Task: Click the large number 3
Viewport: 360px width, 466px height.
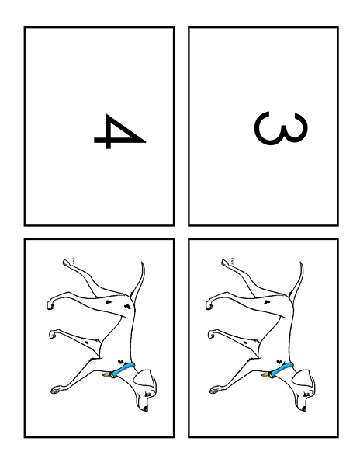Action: [x=280, y=128]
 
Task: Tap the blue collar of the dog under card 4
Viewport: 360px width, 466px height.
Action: [x=123, y=370]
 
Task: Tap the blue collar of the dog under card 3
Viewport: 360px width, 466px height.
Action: [x=282, y=370]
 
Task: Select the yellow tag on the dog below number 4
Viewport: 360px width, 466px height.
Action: [x=107, y=375]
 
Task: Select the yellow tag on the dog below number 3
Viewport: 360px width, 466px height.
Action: [x=265, y=375]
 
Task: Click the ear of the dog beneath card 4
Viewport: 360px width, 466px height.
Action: [x=144, y=377]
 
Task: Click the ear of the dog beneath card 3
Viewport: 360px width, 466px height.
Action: [x=302, y=377]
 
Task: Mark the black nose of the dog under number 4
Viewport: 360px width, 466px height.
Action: [x=145, y=409]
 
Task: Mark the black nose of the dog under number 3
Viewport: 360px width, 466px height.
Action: [x=304, y=409]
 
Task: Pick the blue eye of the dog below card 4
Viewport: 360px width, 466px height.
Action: [x=147, y=395]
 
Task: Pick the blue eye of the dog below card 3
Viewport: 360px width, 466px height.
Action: [x=306, y=395]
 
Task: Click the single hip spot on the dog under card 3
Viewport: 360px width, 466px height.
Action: [x=267, y=302]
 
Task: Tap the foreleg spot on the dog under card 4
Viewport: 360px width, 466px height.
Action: [x=87, y=343]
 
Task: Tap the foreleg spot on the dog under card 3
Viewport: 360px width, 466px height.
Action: [x=245, y=343]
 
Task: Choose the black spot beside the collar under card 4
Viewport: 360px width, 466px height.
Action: [x=120, y=362]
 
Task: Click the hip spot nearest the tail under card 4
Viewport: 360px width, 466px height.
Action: [x=128, y=306]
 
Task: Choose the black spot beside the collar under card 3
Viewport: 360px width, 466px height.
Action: [x=279, y=362]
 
